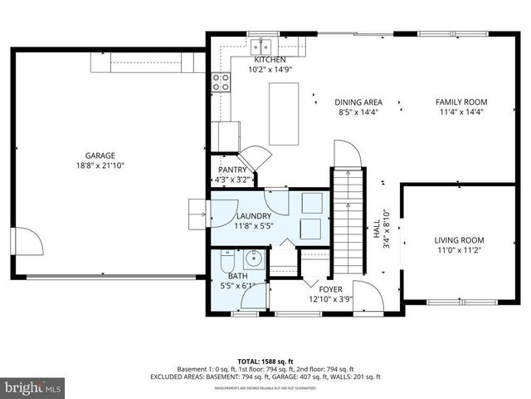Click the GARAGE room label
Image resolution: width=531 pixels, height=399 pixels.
[100, 155]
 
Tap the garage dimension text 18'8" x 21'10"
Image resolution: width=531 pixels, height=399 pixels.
[100, 165]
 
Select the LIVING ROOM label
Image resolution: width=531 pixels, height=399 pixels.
[459, 240]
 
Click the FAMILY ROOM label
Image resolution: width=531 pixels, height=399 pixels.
[461, 102]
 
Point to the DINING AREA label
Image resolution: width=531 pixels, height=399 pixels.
[358, 102]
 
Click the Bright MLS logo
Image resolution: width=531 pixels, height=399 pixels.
[32, 387]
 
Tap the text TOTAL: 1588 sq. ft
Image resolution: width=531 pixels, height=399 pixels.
[265, 361]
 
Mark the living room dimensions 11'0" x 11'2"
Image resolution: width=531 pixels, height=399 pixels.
[459, 250]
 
